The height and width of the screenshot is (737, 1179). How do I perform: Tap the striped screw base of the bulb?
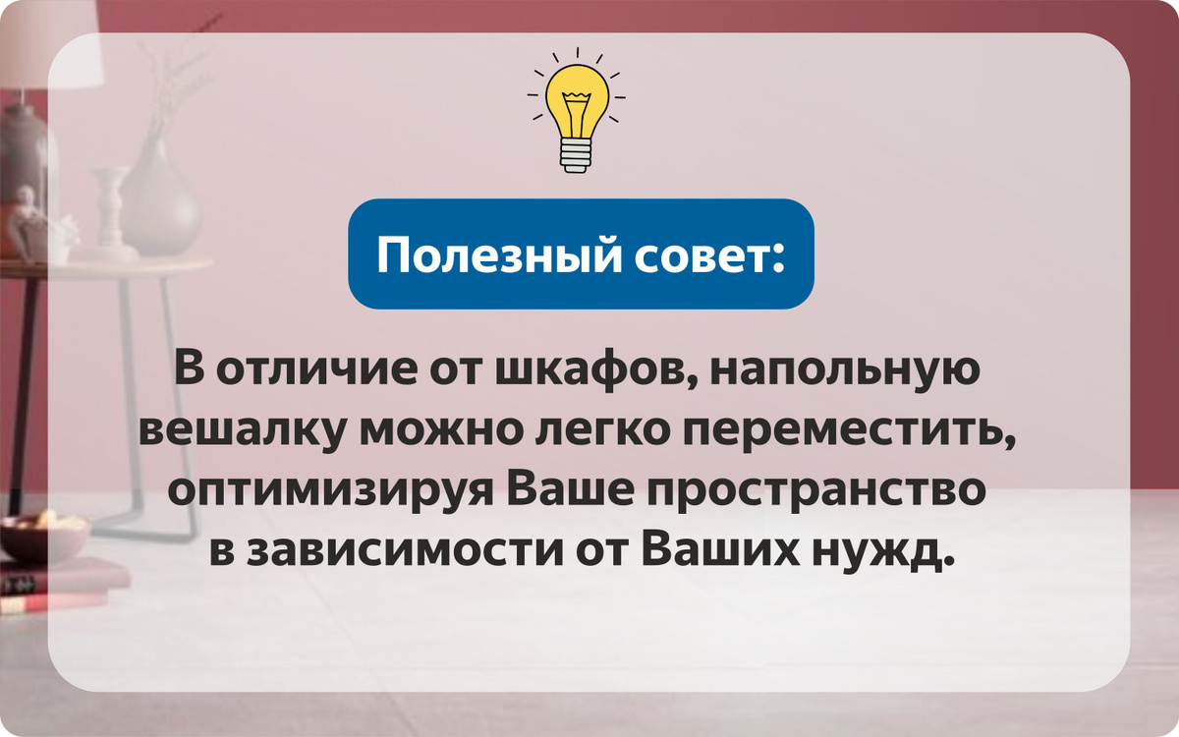pos(577,156)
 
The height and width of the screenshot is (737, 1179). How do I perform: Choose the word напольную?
pos(845,368)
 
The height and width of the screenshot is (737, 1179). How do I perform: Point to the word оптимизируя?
pos(330,493)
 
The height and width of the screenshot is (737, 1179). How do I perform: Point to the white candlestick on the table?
pos(109,213)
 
